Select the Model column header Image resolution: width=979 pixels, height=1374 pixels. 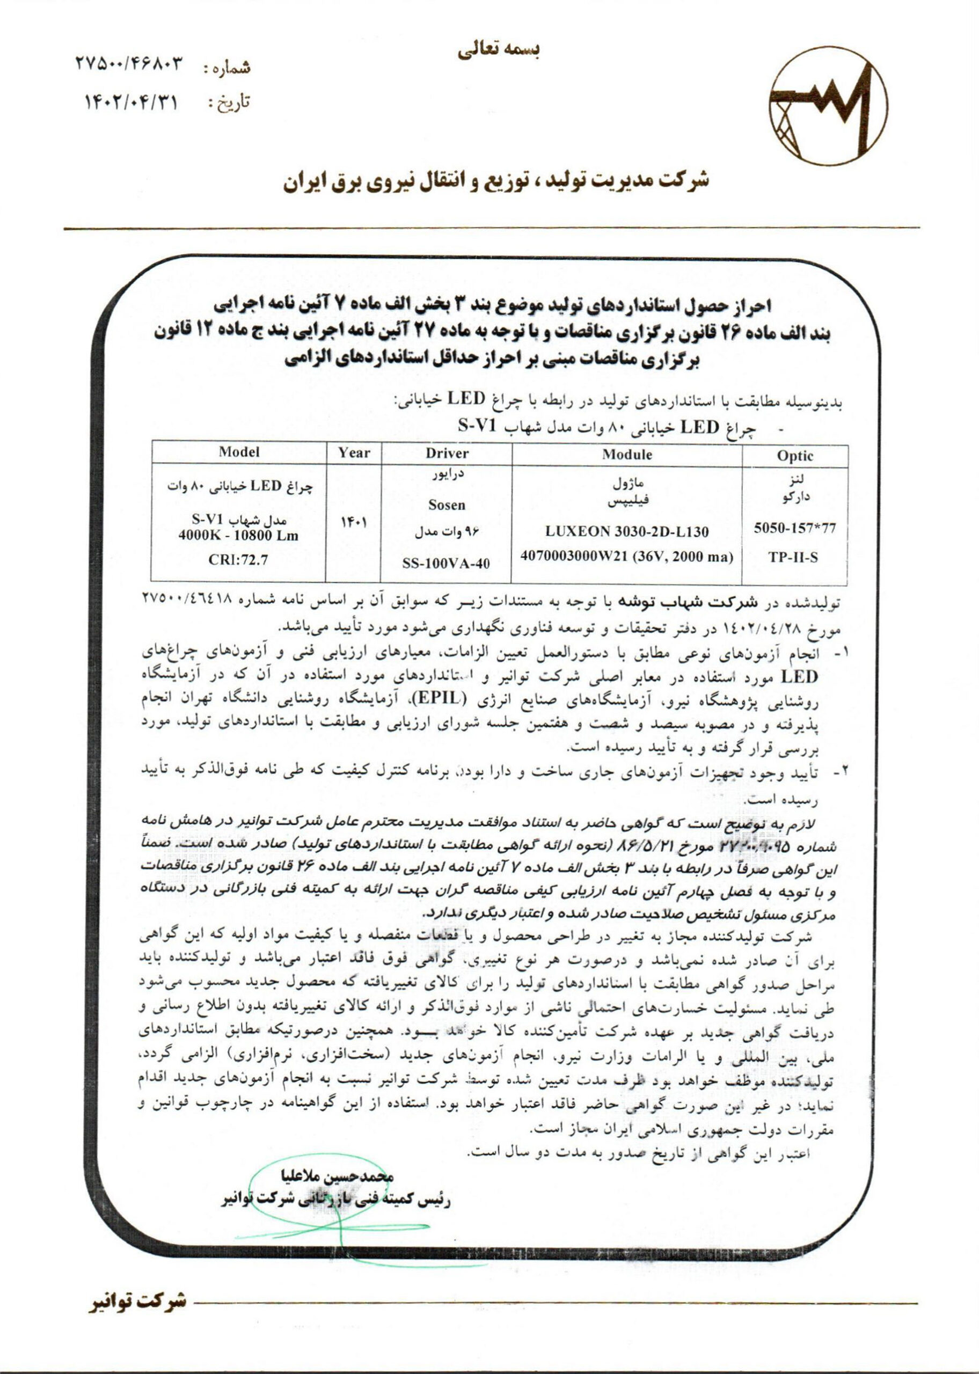point(239,452)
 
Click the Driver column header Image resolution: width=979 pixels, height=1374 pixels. point(447,453)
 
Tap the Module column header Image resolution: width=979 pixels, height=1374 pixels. point(626,455)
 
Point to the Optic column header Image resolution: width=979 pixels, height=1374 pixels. point(795,456)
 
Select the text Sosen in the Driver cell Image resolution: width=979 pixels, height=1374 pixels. point(447,505)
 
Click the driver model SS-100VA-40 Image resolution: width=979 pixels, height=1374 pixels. point(447,564)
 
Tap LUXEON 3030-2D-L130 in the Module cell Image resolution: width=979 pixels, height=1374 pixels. point(627,531)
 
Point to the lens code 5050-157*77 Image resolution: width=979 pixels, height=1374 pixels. point(795,529)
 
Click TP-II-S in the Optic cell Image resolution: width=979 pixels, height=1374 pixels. point(793,558)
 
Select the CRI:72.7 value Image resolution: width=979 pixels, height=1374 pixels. point(239,560)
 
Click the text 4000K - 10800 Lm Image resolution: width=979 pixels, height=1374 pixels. point(239,536)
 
